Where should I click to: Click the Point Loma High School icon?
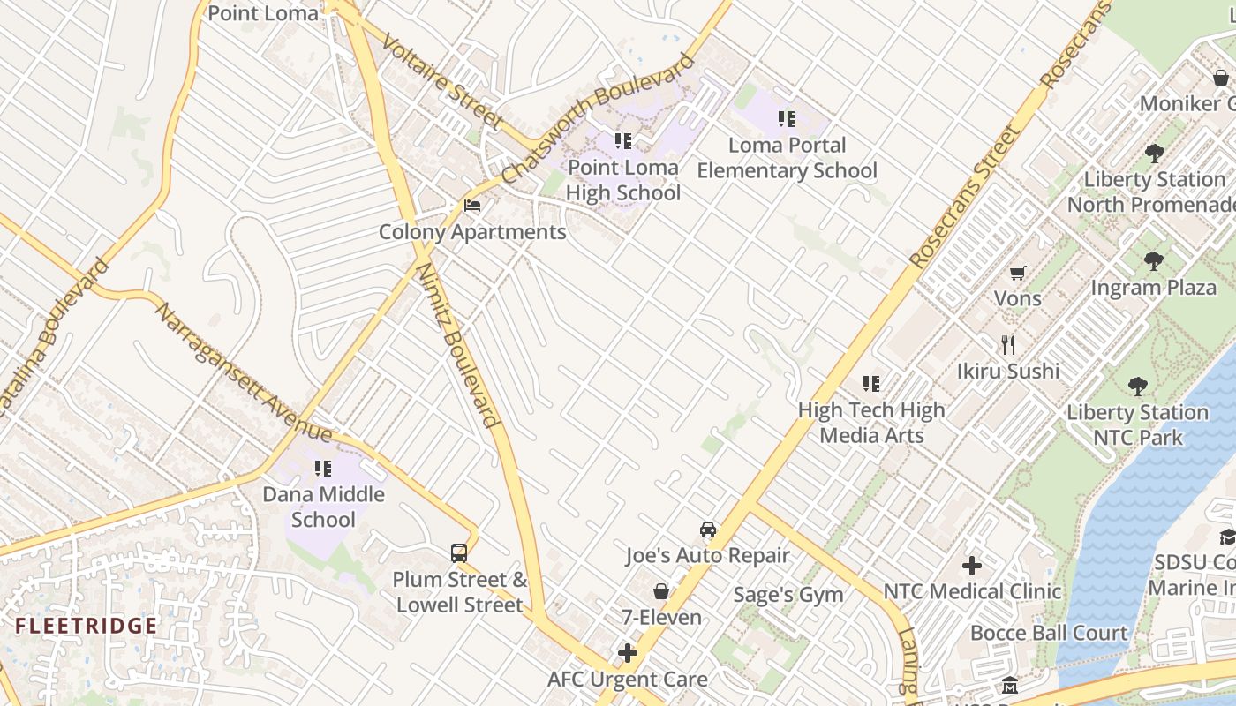(x=623, y=141)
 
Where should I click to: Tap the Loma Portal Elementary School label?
(x=787, y=157)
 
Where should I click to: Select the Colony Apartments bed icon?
(x=472, y=207)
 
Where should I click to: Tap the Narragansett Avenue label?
(x=242, y=372)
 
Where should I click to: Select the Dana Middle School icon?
(x=323, y=469)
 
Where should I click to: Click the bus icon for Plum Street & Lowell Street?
(x=459, y=553)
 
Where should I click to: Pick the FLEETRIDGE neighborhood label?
(x=87, y=627)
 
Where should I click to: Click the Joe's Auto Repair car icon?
(x=707, y=529)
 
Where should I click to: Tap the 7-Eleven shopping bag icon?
(x=660, y=591)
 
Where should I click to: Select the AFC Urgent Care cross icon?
(x=628, y=653)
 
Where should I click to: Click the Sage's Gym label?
(x=788, y=595)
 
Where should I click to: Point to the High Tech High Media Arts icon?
(x=871, y=384)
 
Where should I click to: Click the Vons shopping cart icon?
(x=1018, y=274)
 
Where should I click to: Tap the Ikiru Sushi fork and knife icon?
(x=1008, y=344)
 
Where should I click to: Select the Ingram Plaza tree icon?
(x=1153, y=261)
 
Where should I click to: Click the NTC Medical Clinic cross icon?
(x=972, y=565)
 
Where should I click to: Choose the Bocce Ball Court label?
(x=1049, y=633)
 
